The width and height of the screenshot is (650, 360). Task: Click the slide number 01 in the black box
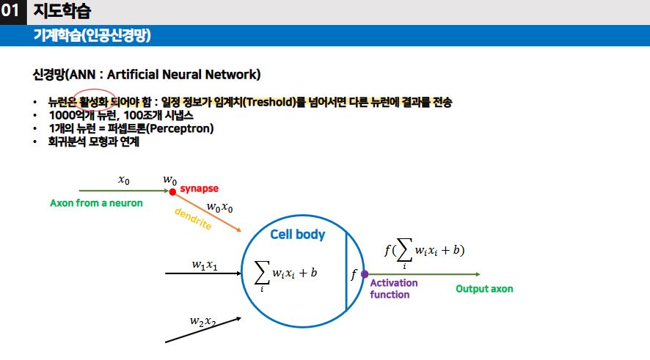(x=12, y=11)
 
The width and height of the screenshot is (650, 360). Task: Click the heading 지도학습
(x=62, y=11)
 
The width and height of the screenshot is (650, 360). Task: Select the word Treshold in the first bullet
(x=269, y=101)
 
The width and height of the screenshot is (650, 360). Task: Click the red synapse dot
(x=172, y=192)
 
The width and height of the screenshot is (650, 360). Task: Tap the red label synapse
(x=200, y=188)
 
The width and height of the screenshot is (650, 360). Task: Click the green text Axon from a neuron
(x=96, y=203)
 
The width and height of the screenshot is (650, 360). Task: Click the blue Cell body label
(x=297, y=235)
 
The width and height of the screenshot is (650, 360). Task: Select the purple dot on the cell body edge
(x=365, y=274)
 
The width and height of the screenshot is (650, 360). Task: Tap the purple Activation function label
(x=393, y=288)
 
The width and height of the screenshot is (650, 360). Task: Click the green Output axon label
(x=484, y=289)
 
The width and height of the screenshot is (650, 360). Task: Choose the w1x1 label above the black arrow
(x=204, y=265)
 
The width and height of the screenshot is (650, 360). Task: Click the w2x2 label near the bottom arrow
(x=202, y=321)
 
